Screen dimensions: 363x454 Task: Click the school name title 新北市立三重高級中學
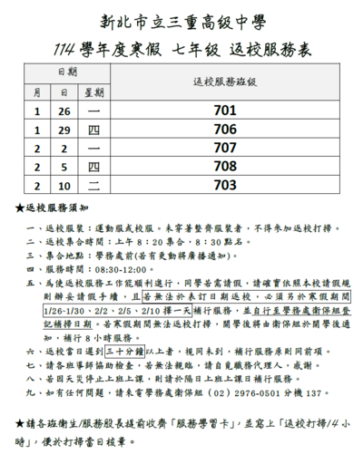[181, 20]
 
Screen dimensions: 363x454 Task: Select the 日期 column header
[66, 71]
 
